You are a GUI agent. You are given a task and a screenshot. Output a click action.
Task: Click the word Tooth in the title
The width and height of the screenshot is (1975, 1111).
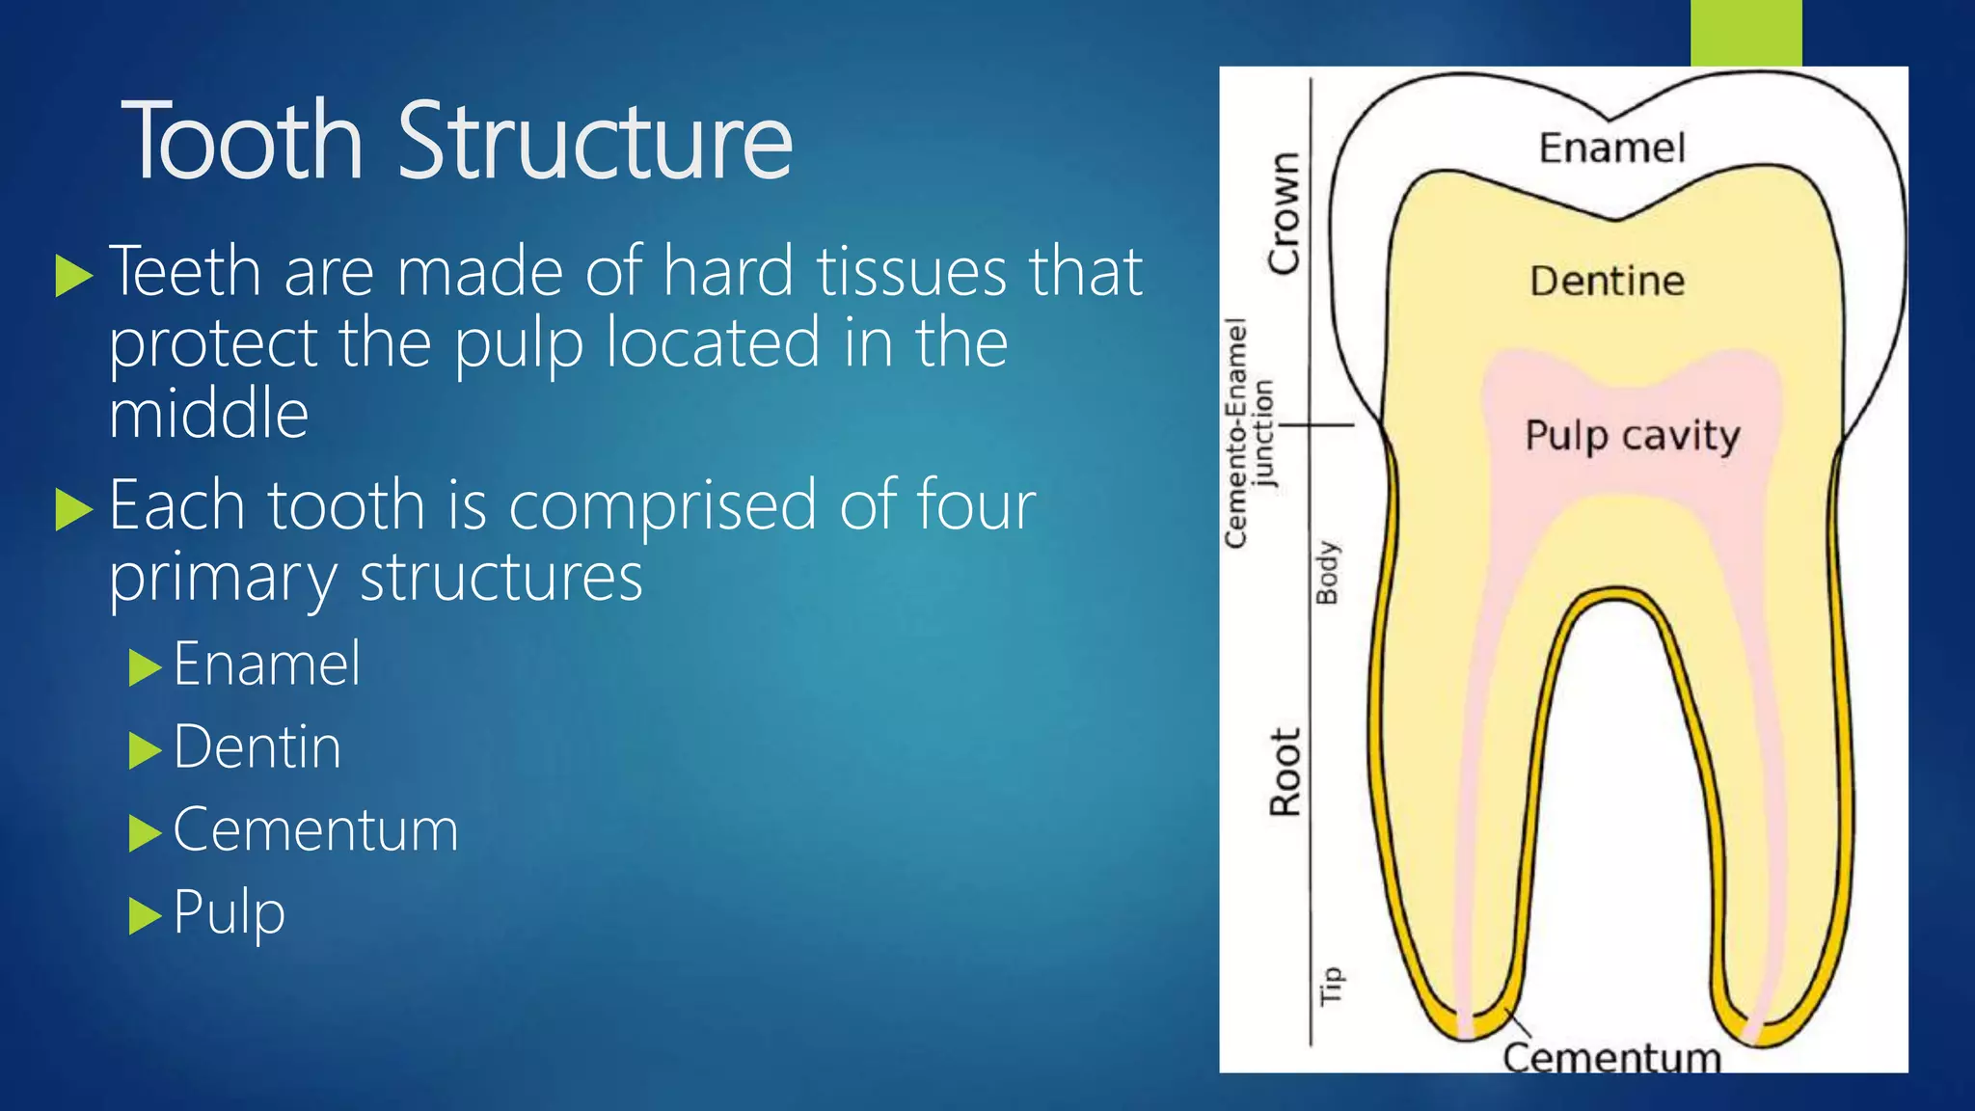coord(242,142)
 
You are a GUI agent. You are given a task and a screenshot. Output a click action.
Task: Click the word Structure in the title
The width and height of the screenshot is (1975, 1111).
coord(594,142)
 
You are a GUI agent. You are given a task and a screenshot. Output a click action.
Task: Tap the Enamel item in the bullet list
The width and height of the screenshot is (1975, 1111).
coord(266,664)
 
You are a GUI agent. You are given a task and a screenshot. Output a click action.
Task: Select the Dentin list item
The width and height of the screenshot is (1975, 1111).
coord(257,747)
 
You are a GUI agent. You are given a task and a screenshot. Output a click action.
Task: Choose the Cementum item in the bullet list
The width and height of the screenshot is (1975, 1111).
coord(315,830)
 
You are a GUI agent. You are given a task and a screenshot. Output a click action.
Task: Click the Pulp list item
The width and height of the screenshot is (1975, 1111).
coord(229,912)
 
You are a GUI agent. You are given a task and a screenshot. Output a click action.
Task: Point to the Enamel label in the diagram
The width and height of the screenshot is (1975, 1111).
coord(1611,149)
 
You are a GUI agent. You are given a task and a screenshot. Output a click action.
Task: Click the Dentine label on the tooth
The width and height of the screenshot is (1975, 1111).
coord(1607,282)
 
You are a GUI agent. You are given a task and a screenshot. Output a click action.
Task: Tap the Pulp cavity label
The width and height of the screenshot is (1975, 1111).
coord(1632,435)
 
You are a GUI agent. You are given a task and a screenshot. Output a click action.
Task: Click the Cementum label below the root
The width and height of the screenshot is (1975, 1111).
coord(1611,1058)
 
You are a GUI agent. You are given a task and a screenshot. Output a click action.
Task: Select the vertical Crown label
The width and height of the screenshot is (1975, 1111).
coord(1284,213)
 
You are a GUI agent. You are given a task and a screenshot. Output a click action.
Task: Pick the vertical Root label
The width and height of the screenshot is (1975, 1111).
coord(1285,772)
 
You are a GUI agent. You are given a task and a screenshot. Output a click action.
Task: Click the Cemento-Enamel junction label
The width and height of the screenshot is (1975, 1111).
coord(1249,433)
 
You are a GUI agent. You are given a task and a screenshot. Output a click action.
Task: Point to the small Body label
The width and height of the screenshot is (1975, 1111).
coord(1328,572)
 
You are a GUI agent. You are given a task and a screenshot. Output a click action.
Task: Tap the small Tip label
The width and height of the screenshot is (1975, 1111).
coord(1331,986)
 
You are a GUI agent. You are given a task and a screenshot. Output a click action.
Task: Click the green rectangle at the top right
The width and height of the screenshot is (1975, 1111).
coord(1745,32)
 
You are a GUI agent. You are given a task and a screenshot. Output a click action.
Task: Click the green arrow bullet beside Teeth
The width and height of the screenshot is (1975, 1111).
coord(73,276)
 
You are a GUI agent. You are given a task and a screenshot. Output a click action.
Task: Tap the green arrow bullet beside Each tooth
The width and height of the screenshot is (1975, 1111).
coord(73,509)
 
